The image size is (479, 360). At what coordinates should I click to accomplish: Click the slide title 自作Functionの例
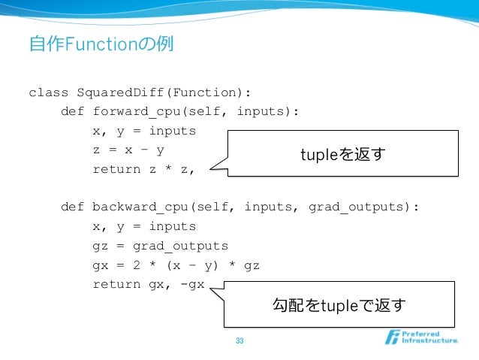click(x=101, y=44)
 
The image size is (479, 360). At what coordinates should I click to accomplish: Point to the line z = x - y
click(x=128, y=150)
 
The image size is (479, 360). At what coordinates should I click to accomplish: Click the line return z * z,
click(x=143, y=169)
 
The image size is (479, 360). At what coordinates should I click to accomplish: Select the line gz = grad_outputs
click(x=160, y=246)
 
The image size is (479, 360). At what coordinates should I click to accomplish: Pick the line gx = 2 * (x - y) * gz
click(x=176, y=265)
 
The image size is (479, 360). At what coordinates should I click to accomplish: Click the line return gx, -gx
click(x=149, y=284)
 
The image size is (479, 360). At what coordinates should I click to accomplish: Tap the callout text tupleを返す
click(x=343, y=154)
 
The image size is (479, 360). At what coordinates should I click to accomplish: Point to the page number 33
click(x=239, y=342)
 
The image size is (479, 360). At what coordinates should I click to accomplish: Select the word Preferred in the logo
click(x=422, y=333)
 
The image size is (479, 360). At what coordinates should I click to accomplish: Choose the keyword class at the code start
click(x=48, y=93)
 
